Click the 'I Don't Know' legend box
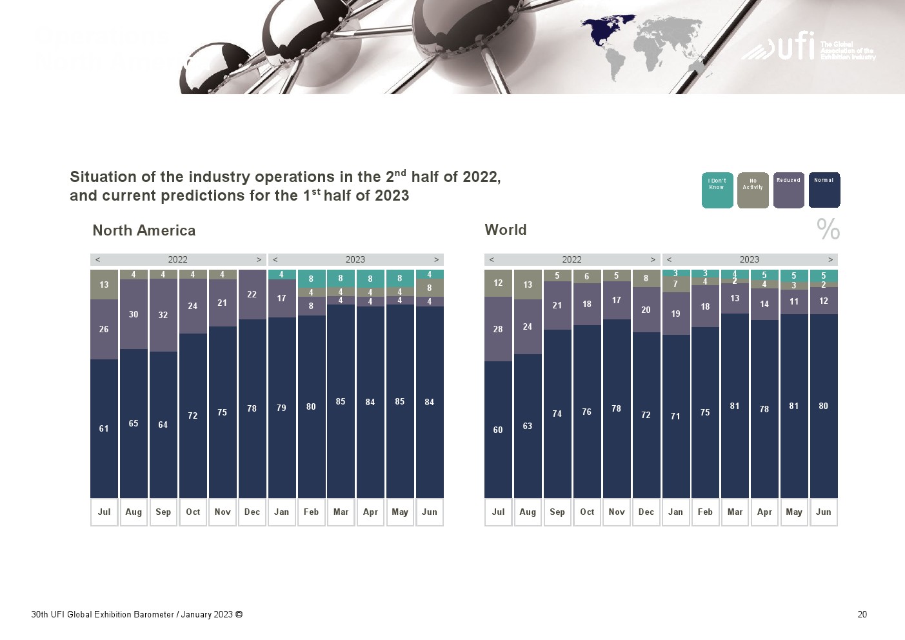pos(717,190)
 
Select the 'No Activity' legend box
pos(753,190)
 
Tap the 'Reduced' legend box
pos(788,190)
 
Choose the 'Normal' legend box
pos(824,190)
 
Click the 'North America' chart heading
pos(144,230)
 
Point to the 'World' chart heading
pos(506,230)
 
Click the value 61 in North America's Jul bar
pos(104,428)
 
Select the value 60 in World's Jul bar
pos(498,430)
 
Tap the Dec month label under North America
pos(252,512)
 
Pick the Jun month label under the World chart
pos(824,512)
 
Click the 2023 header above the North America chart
pos(355,259)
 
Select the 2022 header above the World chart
pos(572,259)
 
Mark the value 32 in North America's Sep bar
pos(163,315)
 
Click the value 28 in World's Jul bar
pos(498,329)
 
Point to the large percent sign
pos(828,229)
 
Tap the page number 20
pos(862,614)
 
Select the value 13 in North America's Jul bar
pos(104,285)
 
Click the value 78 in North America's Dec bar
pos(252,408)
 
